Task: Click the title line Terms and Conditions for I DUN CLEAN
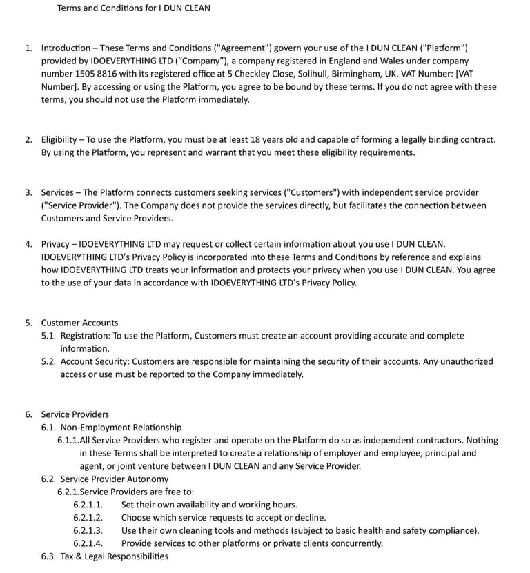click(x=133, y=8)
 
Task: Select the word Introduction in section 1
click(x=66, y=48)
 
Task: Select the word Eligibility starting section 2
click(x=59, y=139)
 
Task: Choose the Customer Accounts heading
click(x=79, y=323)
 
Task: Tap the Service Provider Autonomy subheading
click(x=114, y=479)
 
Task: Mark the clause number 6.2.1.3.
click(x=88, y=531)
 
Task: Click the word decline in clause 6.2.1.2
click(x=311, y=518)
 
